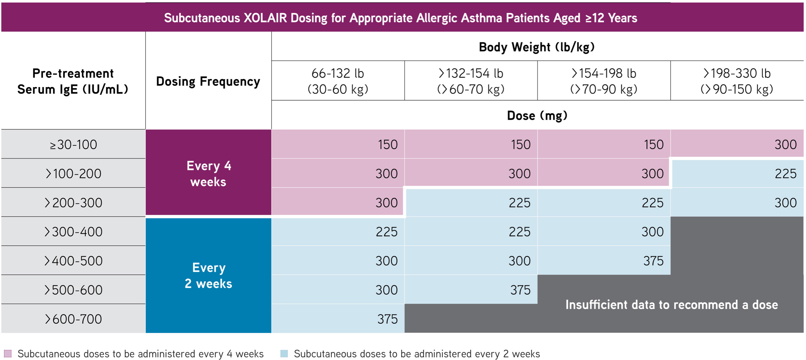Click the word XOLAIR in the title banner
tap(265, 18)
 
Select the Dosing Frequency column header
tap(208, 81)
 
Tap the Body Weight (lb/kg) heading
tap(537, 47)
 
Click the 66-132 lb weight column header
tap(338, 81)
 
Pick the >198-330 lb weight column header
tap(737, 81)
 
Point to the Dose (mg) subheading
tap(537, 115)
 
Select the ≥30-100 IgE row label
tap(73, 145)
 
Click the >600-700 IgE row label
tap(73, 319)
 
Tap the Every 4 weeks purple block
tap(208, 173)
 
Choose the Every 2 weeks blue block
tap(208, 275)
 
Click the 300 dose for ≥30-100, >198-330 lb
tap(785, 145)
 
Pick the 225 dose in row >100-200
tap(785, 174)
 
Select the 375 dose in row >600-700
tap(387, 319)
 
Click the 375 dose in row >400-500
tap(653, 261)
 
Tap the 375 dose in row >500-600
tap(520, 290)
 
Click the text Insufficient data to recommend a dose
tap(671, 304)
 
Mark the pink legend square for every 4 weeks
tap(8, 354)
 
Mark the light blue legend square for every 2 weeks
tap(284, 354)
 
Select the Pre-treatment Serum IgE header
tap(73, 81)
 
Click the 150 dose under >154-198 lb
tap(653, 145)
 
